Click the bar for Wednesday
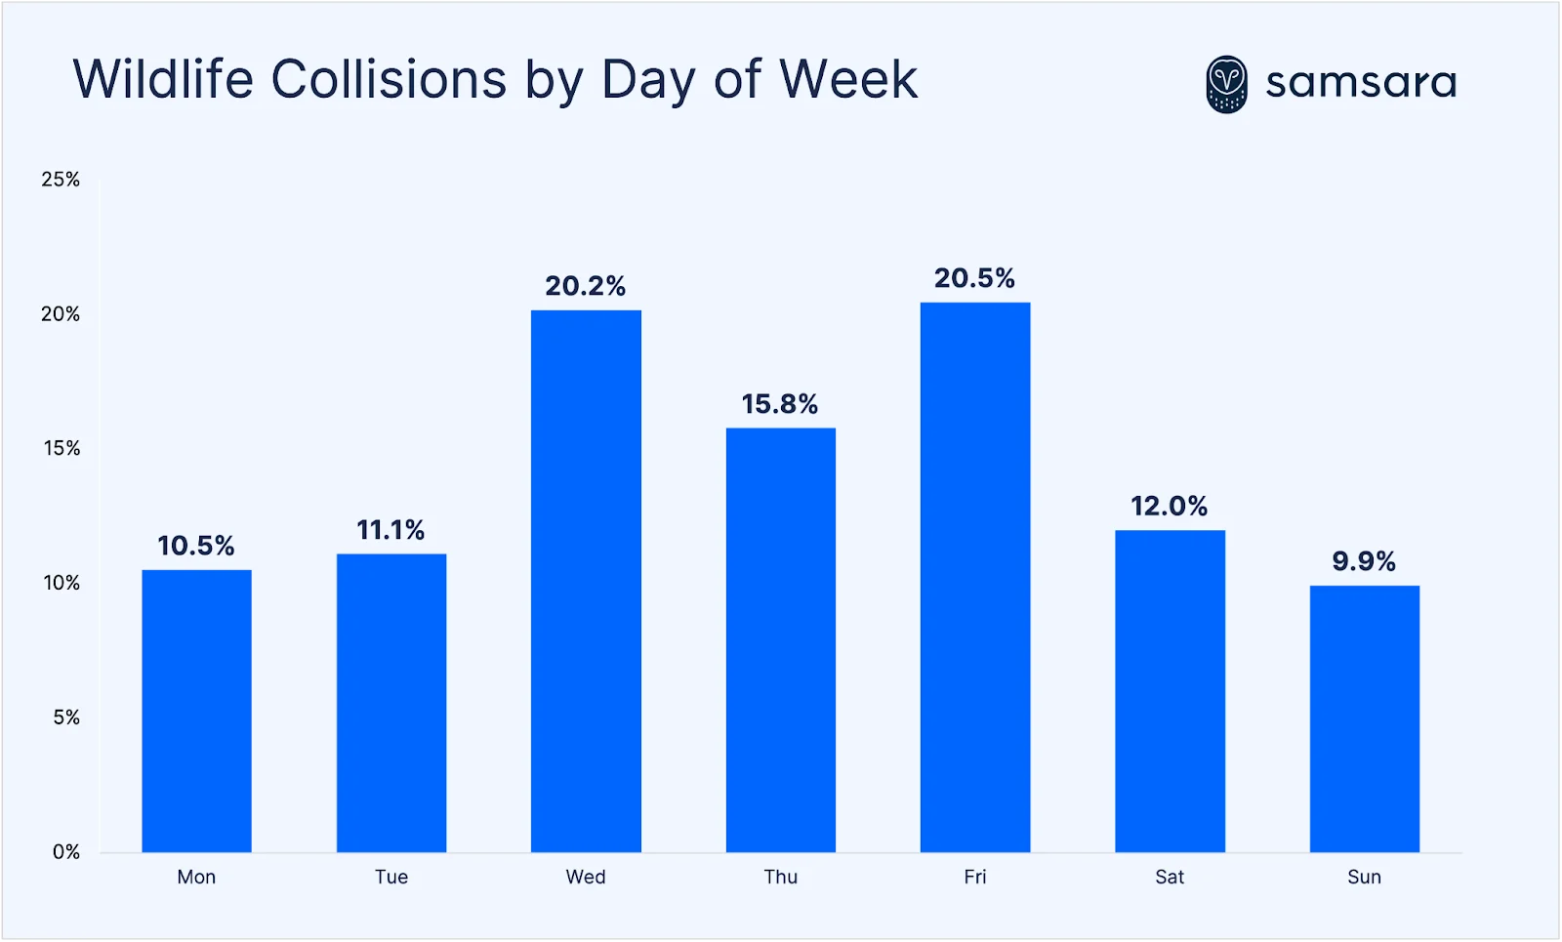(x=586, y=581)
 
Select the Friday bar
(x=974, y=577)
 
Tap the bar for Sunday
(x=1364, y=718)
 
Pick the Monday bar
(x=196, y=711)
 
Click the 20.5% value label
(x=974, y=278)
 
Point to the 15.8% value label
(x=779, y=404)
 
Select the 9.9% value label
(x=1364, y=561)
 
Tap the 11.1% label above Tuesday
(x=390, y=530)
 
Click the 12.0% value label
(x=1169, y=506)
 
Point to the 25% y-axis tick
(x=61, y=180)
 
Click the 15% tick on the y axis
(x=62, y=449)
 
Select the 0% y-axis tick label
(x=65, y=852)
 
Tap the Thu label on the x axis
(x=780, y=877)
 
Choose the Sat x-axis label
(x=1169, y=877)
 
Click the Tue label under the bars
(x=390, y=877)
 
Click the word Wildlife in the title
(x=163, y=79)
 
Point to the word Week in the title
(x=848, y=79)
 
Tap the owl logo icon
(x=1226, y=84)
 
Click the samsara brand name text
(x=1361, y=83)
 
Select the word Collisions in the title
(x=389, y=79)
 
